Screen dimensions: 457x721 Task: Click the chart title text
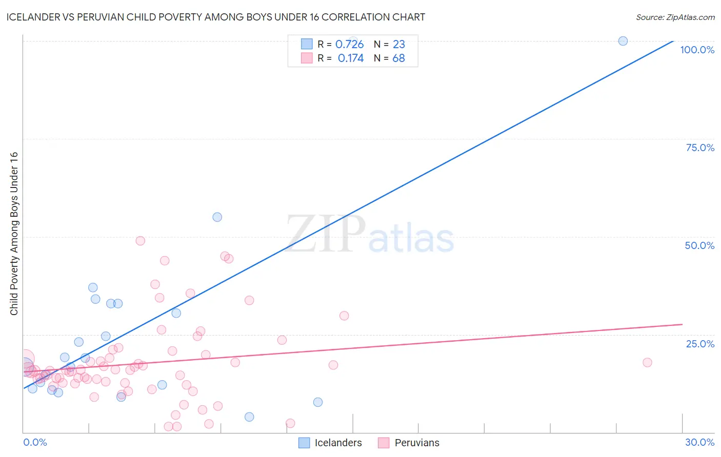pos(215,17)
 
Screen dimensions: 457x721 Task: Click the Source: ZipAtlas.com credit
pos(675,17)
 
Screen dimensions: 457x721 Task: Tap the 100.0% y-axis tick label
pos(697,50)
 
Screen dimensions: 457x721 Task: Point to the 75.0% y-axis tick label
pos(700,148)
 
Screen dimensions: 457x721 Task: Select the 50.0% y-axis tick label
pos(699,245)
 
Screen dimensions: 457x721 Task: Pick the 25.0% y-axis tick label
pos(700,343)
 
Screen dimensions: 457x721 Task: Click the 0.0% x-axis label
pos(35,442)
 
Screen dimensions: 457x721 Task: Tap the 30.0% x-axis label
pos(699,442)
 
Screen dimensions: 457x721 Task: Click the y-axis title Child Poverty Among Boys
pos(14,233)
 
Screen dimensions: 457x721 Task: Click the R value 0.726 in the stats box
pos(349,45)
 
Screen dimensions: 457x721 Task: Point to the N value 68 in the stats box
pos(398,58)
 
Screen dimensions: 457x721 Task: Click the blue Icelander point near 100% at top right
pos(623,41)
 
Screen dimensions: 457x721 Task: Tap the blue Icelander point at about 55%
pos(217,217)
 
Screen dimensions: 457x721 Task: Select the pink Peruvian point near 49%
pos(140,241)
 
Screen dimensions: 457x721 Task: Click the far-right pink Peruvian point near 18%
pos(647,362)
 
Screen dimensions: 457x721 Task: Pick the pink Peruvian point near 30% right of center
pos(344,316)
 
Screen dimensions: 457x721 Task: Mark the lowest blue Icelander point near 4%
pos(249,417)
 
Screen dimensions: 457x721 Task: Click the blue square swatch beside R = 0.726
pos(307,44)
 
